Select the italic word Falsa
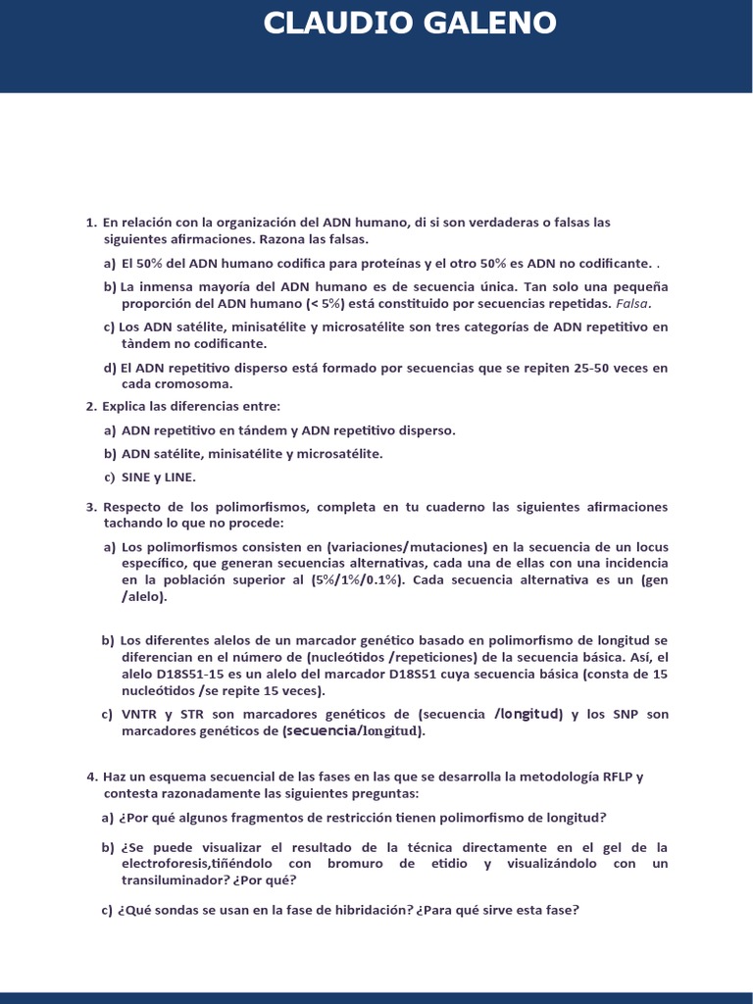point(632,304)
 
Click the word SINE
point(137,477)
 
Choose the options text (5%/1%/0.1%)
point(359,579)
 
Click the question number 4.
point(91,777)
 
